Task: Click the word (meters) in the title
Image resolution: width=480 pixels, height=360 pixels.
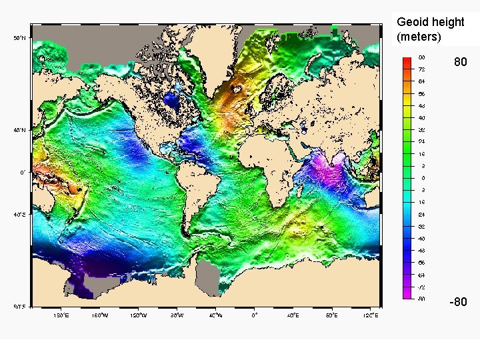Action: coord(419,37)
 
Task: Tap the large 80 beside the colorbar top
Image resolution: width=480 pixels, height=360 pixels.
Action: coord(460,62)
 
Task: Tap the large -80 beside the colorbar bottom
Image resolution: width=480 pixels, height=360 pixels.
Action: coord(458,302)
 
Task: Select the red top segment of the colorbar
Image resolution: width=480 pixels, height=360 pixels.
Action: coord(407,61)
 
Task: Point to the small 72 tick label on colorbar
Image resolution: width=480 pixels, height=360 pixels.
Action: coord(422,69)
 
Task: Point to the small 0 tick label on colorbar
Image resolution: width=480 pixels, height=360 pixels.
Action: coord(422,178)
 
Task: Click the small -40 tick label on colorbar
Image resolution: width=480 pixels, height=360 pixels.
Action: coord(422,238)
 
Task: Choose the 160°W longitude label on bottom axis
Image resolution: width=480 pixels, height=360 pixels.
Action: coord(99,315)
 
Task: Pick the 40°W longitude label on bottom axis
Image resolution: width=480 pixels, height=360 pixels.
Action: coord(215,315)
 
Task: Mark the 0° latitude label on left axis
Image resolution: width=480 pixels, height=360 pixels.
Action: coord(22,173)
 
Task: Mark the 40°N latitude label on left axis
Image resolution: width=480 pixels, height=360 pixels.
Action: coord(21,131)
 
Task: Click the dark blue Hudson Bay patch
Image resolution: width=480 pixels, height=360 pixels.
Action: coord(172,101)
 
